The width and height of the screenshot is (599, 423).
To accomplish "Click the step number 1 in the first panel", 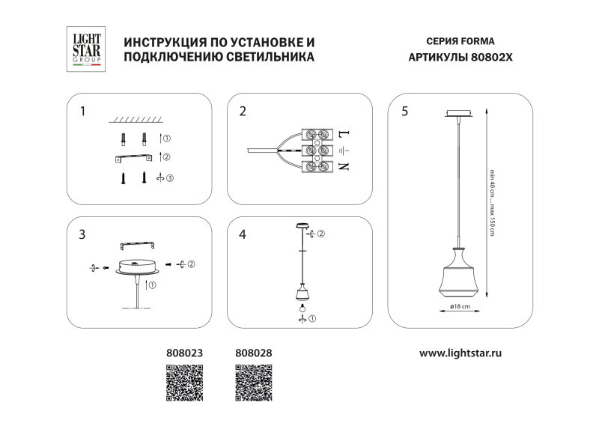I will pos(83,112).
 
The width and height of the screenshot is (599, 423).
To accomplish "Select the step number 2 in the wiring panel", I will pos(243,112).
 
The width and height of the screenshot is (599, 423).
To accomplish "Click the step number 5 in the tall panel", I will pos(404,112).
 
